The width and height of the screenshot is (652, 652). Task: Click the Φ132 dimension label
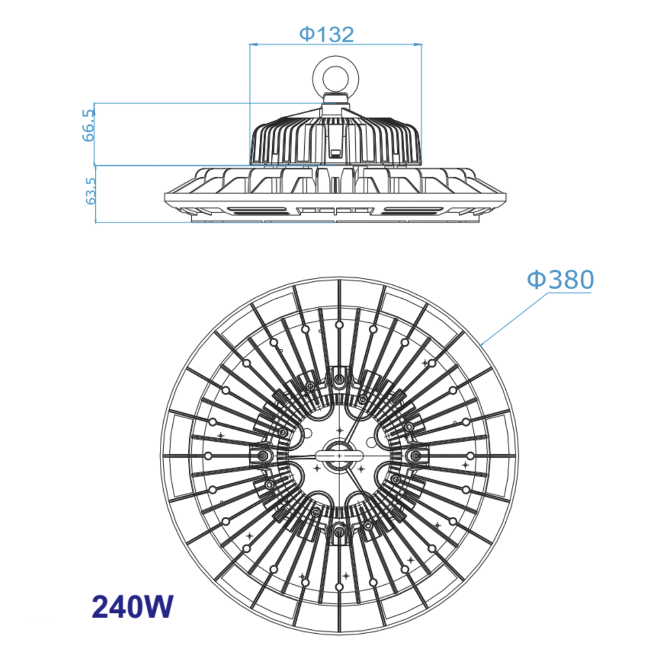[x=327, y=34]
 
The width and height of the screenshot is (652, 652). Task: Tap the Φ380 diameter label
[x=560, y=280]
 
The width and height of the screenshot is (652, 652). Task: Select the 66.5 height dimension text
[x=88, y=126]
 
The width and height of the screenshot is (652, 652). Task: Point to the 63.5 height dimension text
[x=90, y=191]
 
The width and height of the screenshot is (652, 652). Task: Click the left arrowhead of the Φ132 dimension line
[x=253, y=44]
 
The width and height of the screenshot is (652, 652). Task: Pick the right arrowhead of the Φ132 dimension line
[x=419, y=44]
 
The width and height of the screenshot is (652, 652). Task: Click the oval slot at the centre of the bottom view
[x=339, y=456]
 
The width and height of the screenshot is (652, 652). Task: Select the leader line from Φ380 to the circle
[x=515, y=319]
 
